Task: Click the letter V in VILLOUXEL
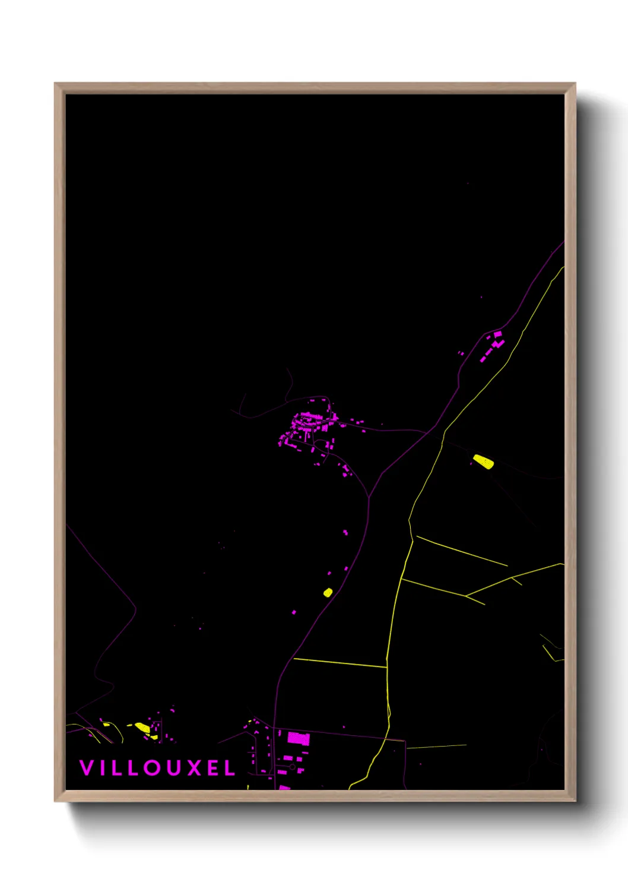[87, 768]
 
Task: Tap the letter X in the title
[196, 768]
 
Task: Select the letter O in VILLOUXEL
[152, 768]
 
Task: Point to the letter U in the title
[175, 768]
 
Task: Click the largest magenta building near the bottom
[299, 739]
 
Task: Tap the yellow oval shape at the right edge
[483, 461]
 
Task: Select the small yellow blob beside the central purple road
[328, 592]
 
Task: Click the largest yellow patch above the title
[142, 727]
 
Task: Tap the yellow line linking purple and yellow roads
[340, 663]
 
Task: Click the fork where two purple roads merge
[369, 497]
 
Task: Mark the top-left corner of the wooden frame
[55, 84]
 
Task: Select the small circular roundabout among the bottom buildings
[293, 767]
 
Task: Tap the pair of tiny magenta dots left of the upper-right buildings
[461, 353]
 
